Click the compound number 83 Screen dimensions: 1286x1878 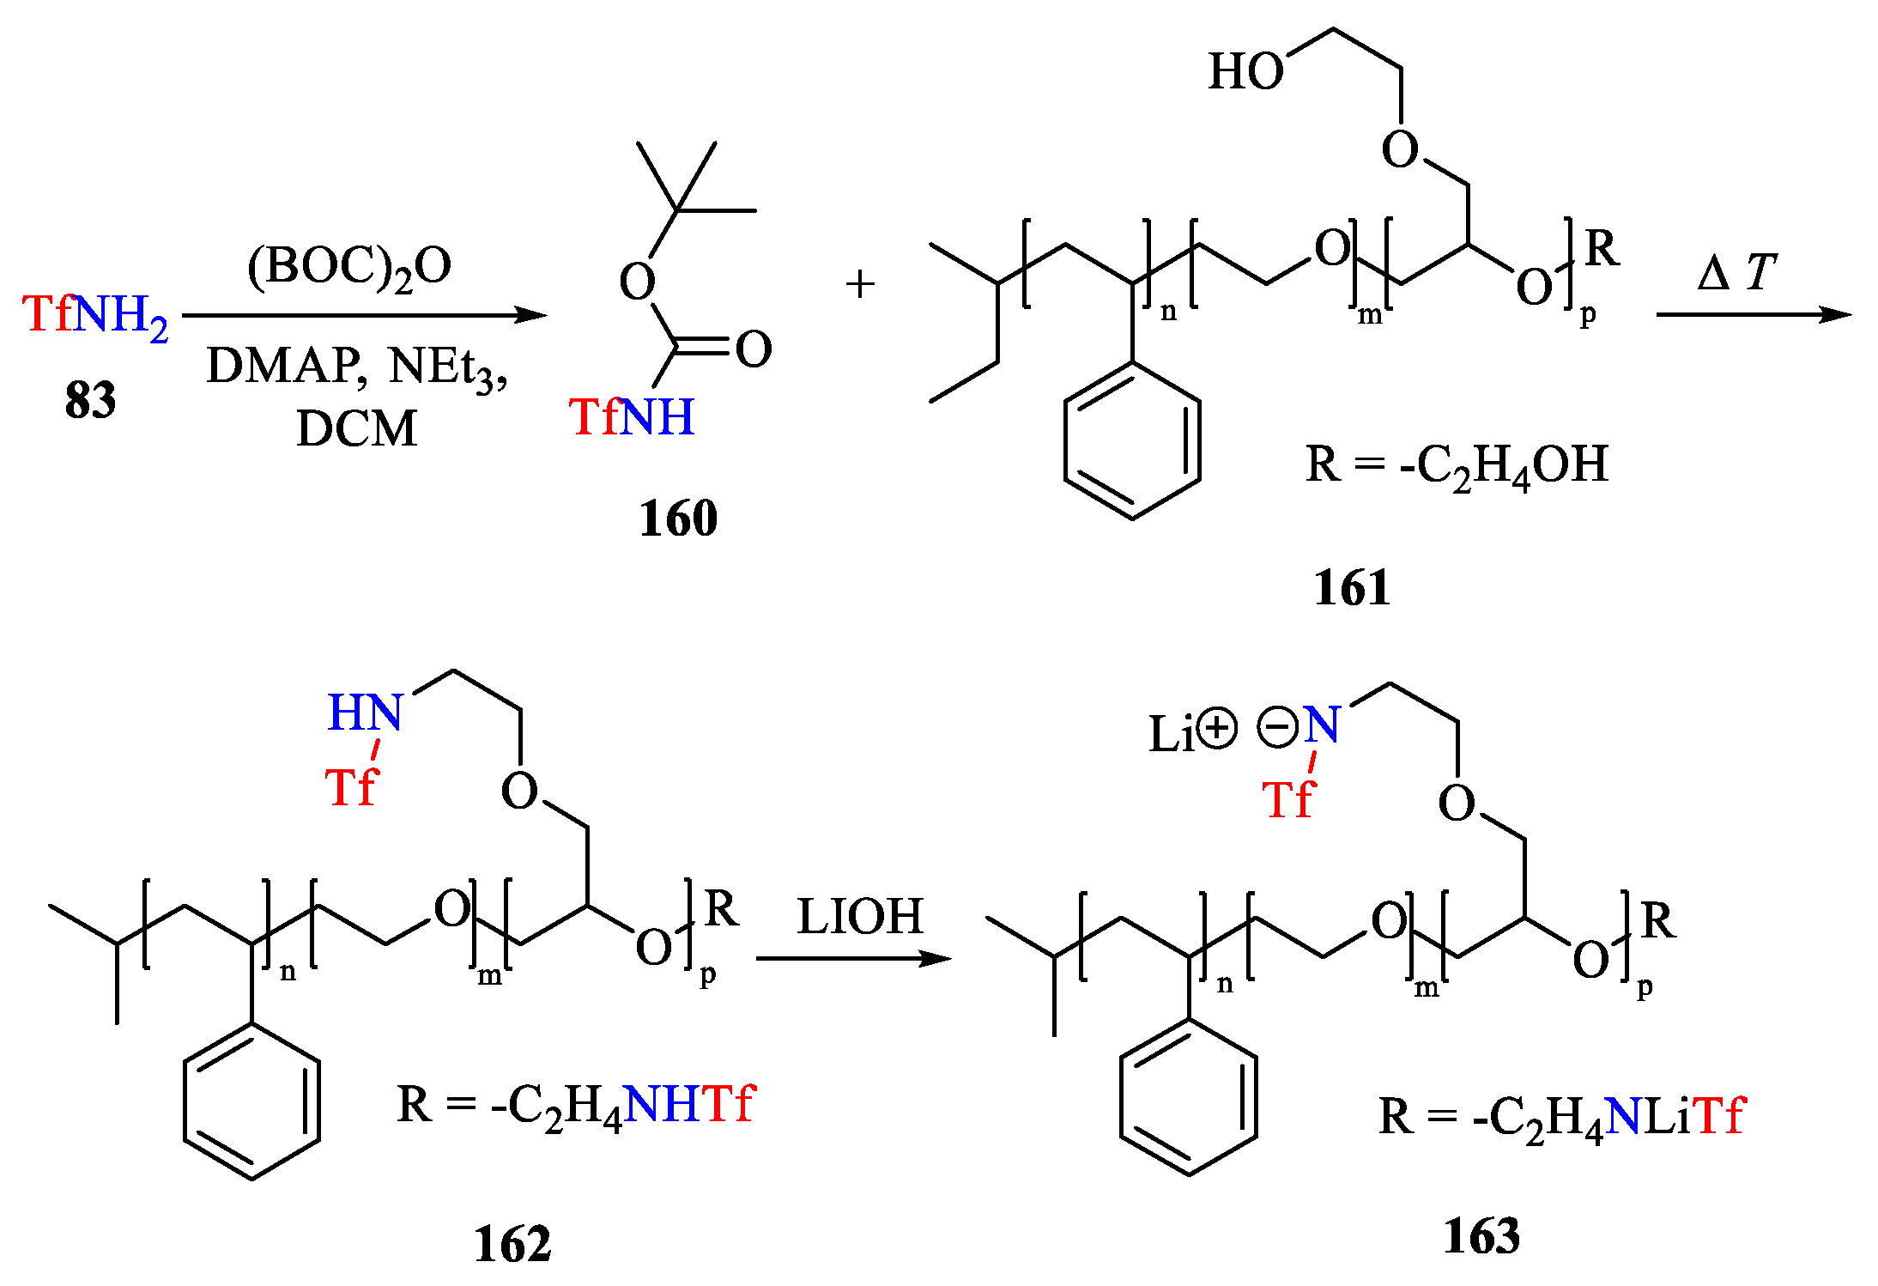(90, 400)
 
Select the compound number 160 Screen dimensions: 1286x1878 (678, 519)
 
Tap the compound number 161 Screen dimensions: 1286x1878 (1352, 588)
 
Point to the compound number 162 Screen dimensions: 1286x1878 (512, 1244)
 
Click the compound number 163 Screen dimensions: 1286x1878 (1481, 1236)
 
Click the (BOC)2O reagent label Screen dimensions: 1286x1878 (349, 267)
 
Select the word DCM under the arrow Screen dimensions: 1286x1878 (356, 428)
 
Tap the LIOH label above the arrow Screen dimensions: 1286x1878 (860, 916)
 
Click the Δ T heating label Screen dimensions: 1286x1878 (1736, 274)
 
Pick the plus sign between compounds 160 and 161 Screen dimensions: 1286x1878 (860, 284)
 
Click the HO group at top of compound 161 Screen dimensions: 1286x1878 (1245, 71)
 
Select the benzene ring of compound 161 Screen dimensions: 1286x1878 (1132, 440)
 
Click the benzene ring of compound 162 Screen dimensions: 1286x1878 (251, 1101)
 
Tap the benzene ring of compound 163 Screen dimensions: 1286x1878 (1189, 1098)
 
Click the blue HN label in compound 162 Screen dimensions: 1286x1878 (365, 713)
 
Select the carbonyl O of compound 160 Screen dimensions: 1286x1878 (754, 349)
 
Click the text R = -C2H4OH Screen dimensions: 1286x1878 (1457, 466)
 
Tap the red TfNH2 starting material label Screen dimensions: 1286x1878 (94, 315)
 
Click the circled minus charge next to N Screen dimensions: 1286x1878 (1277, 729)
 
